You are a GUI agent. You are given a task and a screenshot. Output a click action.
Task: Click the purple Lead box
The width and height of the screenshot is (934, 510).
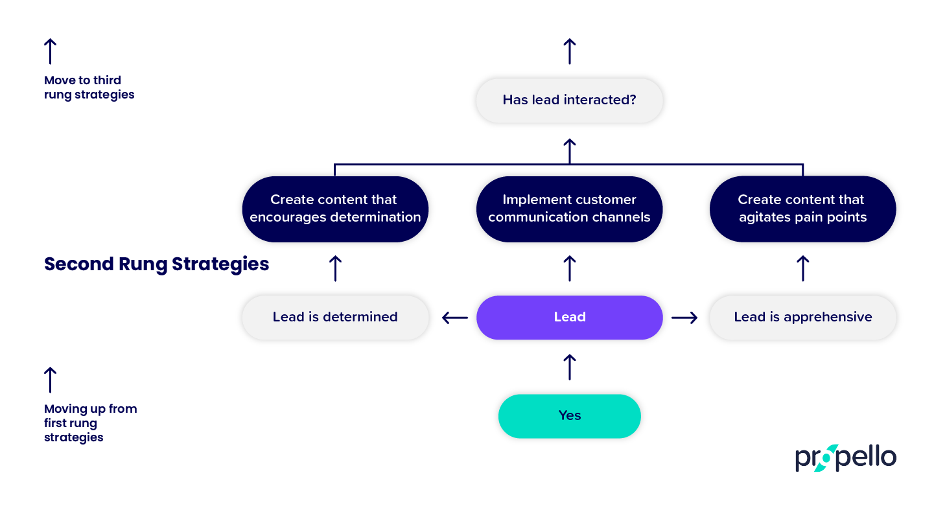click(x=569, y=317)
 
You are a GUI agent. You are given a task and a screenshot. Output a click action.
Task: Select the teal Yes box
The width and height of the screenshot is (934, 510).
click(x=569, y=415)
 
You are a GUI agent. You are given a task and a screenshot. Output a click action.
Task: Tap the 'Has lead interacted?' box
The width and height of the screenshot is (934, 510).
click(x=569, y=100)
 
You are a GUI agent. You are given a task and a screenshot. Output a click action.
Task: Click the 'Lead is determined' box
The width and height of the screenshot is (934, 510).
click(x=334, y=317)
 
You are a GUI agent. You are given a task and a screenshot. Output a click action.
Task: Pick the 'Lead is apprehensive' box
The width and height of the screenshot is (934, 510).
click(x=802, y=317)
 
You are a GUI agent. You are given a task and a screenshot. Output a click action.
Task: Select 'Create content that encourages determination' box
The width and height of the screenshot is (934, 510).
click(x=334, y=209)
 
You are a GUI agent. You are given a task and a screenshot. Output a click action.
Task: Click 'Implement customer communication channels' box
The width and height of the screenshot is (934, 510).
click(x=569, y=209)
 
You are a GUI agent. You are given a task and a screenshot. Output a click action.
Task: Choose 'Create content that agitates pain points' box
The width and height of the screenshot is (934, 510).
click(x=802, y=209)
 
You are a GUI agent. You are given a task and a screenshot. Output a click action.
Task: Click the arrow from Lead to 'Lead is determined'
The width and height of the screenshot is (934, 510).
click(x=454, y=318)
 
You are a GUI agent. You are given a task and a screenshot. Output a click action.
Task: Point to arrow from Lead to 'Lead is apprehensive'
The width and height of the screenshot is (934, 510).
click(x=684, y=318)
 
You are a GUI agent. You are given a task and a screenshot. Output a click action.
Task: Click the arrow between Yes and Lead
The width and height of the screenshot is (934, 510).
click(x=569, y=367)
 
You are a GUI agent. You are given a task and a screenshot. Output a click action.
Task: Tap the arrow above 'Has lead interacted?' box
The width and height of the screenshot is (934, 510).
click(x=569, y=51)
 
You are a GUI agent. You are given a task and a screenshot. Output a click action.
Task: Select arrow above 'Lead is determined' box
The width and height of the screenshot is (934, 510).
click(x=335, y=268)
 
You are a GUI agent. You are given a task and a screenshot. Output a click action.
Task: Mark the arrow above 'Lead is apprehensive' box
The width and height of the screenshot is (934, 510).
click(x=802, y=268)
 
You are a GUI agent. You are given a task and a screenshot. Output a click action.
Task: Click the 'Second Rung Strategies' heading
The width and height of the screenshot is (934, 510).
click(x=156, y=264)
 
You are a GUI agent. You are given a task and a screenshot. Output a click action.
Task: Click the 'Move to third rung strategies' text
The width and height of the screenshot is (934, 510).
click(x=89, y=87)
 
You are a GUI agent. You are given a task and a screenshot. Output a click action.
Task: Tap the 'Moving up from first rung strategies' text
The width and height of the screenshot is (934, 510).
click(x=90, y=423)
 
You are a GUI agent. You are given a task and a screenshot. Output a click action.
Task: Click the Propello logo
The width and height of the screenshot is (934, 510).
click(x=845, y=458)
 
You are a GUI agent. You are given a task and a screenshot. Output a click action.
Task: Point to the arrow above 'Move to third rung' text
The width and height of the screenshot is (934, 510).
click(x=50, y=51)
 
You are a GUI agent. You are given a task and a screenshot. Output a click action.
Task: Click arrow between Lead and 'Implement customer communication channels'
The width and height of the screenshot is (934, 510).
click(x=569, y=268)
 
